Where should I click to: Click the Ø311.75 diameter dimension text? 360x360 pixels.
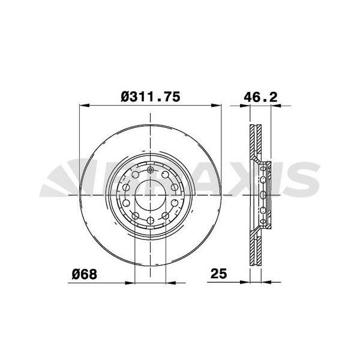(151, 97)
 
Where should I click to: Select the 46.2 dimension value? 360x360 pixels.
(260, 97)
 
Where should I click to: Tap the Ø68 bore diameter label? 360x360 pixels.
(85, 274)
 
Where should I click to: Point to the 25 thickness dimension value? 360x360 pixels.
(218, 273)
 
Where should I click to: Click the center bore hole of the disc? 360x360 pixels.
(151, 195)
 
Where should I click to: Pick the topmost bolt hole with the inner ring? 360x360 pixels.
(151, 170)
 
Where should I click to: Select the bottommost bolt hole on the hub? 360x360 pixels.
(151, 221)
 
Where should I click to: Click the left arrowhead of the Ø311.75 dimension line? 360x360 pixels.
(84, 106)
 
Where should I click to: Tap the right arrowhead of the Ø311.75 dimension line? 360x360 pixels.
(216, 106)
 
